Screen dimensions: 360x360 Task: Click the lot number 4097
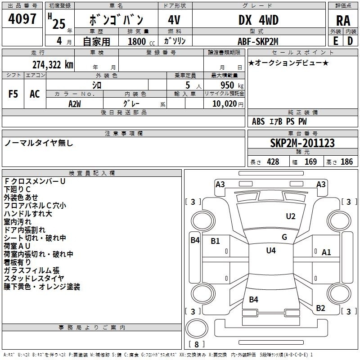[23, 19]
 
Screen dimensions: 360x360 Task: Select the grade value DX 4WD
[258, 20]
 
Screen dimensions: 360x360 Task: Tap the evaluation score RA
[343, 21]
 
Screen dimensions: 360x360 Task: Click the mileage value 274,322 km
[53, 64]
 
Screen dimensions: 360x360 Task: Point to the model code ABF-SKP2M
[258, 41]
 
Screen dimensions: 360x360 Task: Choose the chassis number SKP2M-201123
[302, 143]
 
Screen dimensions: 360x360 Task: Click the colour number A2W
[75, 103]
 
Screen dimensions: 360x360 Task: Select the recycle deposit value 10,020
[224, 103]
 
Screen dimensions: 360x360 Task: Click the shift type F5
[13, 94]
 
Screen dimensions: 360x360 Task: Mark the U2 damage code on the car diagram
[291, 216]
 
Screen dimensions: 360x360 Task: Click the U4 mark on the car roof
[270, 250]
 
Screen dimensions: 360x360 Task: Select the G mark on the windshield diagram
[284, 237]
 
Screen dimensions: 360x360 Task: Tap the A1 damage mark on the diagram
[326, 252]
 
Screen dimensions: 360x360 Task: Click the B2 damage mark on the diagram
[320, 308]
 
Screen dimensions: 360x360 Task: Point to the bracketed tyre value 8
[196, 345]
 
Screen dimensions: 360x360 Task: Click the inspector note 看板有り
[18, 262]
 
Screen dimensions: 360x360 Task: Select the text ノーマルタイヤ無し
[39, 143]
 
